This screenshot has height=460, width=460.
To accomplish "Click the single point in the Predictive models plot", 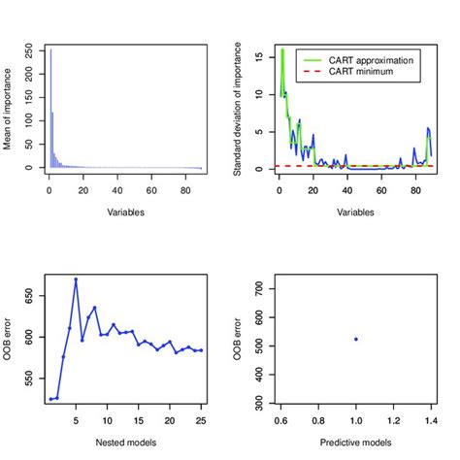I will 355,339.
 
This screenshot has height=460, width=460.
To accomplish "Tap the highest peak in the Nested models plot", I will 76,279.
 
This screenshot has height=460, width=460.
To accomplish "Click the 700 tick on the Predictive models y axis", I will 259,288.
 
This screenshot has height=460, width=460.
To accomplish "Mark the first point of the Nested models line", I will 50,399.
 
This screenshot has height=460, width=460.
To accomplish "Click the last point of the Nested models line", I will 201,350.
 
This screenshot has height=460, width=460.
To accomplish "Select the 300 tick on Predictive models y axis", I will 259,399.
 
